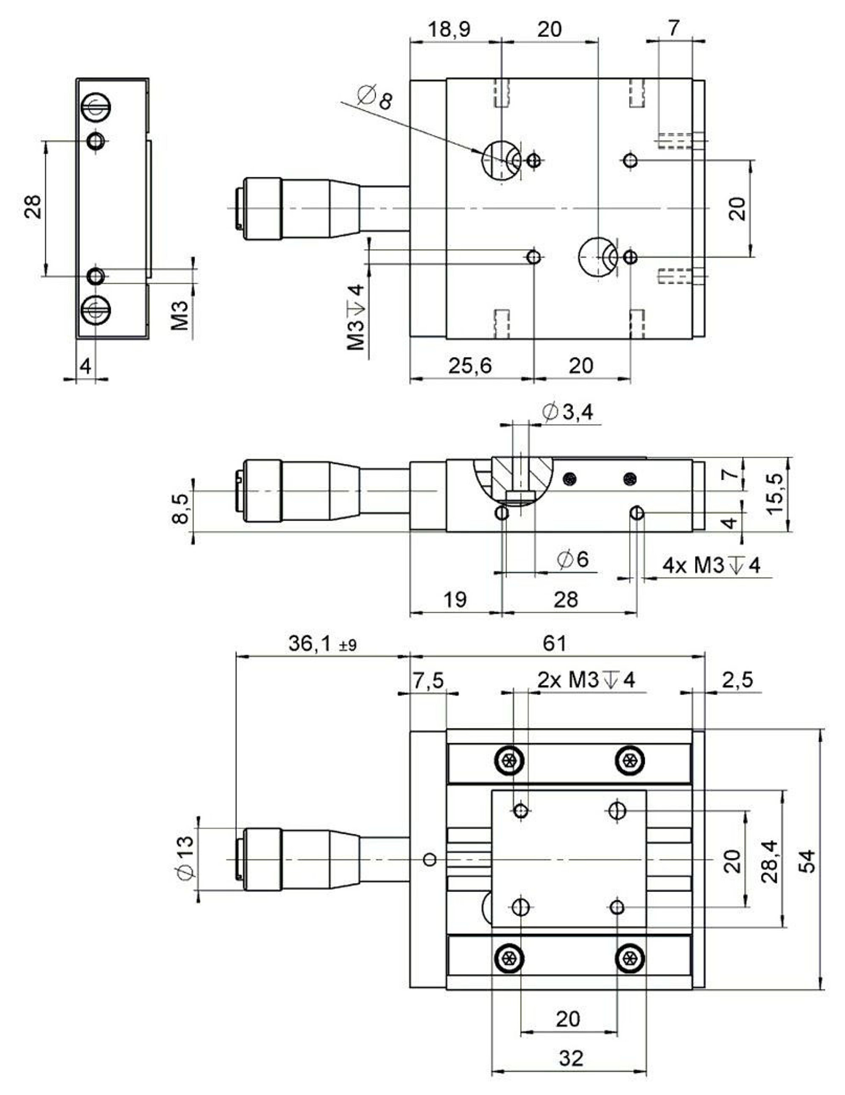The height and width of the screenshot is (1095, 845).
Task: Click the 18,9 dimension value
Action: [x=449, y=29]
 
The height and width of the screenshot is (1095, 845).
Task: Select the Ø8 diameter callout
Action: [x=375, y=97]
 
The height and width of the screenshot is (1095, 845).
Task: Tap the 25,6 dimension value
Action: [x=470, y=366]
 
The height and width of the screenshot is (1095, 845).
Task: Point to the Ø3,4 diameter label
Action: [x=568, y=412]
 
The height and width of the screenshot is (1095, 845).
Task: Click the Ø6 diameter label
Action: [x=573, y=559]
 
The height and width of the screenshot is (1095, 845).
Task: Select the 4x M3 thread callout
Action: [x=711, y=565]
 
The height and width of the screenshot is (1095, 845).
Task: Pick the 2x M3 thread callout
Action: [x=586, y=680]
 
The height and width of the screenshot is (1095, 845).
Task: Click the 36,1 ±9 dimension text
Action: [x=322, y=644]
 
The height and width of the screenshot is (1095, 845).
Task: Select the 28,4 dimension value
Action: [x=769, y=861]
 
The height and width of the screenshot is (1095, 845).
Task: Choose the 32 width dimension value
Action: [x=571, y=1058]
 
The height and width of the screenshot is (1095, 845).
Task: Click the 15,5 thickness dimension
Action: [x=775, y=494]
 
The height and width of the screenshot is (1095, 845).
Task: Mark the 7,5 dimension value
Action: [x=428, y=680]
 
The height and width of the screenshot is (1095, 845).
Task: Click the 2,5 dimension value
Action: [x=737, y=680]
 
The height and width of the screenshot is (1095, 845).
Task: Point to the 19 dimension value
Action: [x=455, y=599]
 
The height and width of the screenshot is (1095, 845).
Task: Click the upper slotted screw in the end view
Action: [x=96, y=107]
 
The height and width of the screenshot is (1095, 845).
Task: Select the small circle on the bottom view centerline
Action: [x=430, y=860]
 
